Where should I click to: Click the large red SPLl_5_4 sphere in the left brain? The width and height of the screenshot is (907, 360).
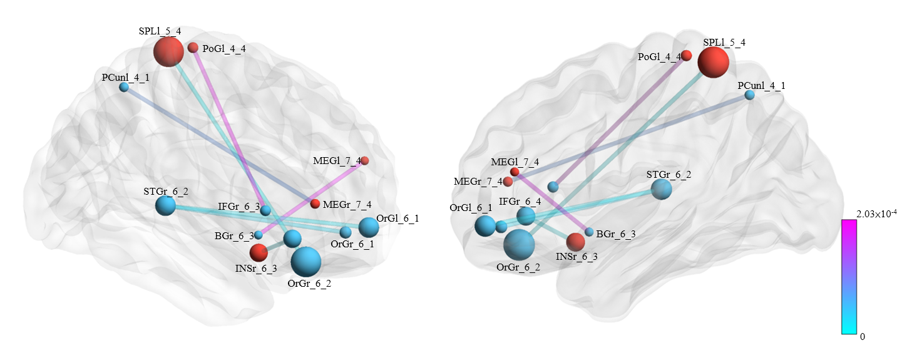click(168, 51)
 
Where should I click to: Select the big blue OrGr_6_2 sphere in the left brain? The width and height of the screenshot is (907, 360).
click(306, 262)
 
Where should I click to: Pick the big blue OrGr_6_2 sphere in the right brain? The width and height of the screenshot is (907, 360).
click(519, 244)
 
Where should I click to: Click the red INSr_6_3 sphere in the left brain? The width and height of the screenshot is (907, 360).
click(259, 252)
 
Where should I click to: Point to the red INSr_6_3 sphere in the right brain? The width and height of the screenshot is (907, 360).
click(575, 242)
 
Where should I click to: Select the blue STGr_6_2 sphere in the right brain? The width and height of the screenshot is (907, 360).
click(661, 189)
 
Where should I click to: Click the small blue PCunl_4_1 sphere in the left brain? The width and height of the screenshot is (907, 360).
click(124, 87)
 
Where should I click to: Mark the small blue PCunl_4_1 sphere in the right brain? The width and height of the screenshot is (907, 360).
click(749, 95)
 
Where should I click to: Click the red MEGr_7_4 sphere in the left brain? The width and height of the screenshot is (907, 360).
click(315, 203)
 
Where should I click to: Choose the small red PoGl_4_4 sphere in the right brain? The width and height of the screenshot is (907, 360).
click(686, 55)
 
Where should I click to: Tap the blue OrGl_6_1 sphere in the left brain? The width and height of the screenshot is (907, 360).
click(368, 227)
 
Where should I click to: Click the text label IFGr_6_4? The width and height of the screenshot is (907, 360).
click(520, 201)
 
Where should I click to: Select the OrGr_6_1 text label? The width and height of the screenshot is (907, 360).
click(352, 244)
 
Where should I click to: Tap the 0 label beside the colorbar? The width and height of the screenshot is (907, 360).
click(863, 336)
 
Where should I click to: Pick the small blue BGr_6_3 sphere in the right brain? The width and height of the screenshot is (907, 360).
click(589, 232)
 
